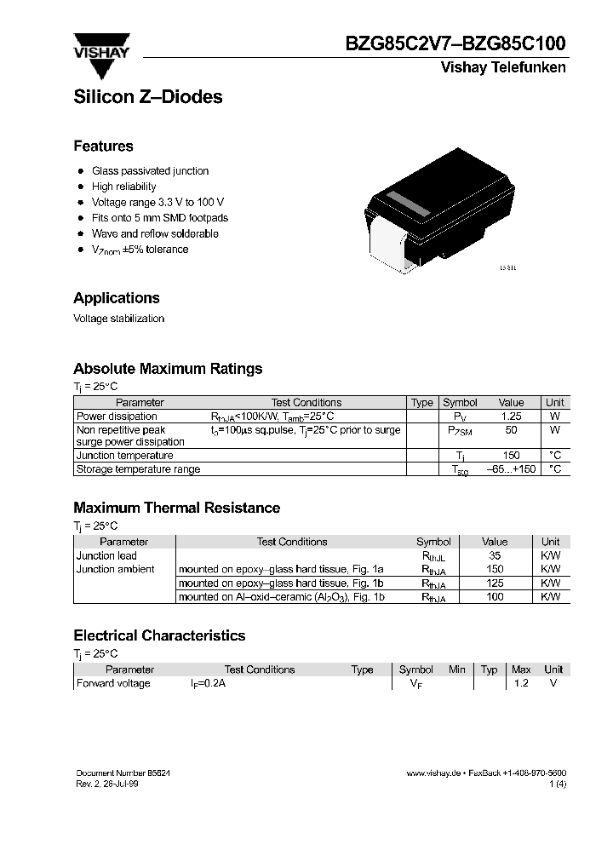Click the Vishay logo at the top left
point(100,48)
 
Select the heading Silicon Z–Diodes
point(147,97)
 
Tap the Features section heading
point(103,146)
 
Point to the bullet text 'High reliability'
point(123,187)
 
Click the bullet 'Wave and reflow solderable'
point(155,233)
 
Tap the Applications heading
point(117,298)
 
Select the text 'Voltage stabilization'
point(118,319)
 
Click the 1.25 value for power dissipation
point(511,417)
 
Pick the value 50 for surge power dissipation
point(511,430)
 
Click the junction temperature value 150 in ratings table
point(511,456)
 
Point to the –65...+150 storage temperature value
point(511,469)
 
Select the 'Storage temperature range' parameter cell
point(138,469)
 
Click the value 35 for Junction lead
point(494,555)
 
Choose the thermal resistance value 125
point(494,583)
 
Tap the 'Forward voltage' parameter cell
point(113,683)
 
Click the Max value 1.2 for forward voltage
point(522,683)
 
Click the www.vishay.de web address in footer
point(433,772)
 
